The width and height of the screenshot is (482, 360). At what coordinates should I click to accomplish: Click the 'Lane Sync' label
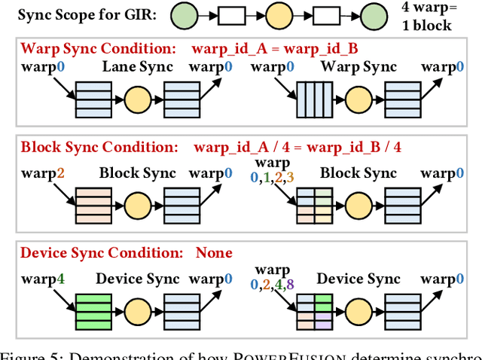point(137,67)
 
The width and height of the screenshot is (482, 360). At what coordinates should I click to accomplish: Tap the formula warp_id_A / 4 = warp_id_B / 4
point(297,147)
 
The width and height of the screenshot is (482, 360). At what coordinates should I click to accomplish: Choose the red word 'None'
point(214,253)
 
